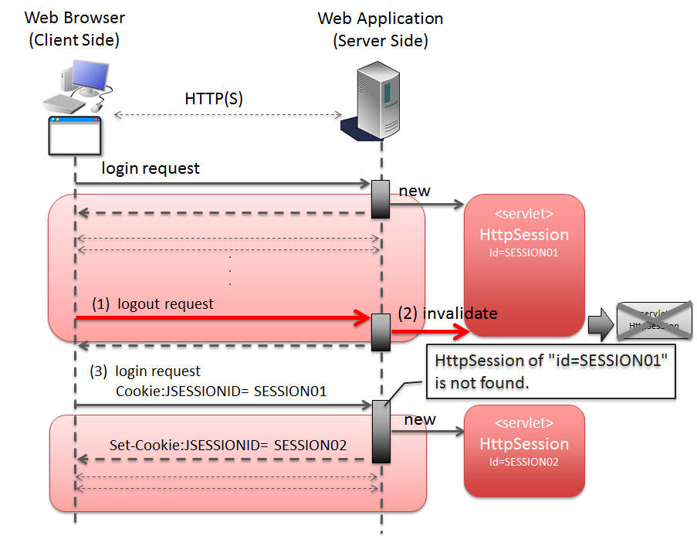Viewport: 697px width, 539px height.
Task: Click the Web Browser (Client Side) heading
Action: [74, 29]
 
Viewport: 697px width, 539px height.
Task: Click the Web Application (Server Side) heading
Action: [381, 29]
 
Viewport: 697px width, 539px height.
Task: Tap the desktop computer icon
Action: [76, 89]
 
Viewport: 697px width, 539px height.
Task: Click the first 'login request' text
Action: [151, 168]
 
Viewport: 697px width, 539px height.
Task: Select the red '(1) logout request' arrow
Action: [224, 317]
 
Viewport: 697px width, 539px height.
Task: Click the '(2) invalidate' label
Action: [448, 314]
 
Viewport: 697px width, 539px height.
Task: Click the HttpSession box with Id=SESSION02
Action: [523, 450]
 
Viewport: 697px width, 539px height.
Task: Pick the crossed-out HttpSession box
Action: [654, 320]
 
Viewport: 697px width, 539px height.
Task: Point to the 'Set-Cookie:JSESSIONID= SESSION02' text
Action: [228, 446]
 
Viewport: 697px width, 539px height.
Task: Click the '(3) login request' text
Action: [146, 371]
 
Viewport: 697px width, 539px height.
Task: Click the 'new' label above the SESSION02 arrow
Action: [420, 419]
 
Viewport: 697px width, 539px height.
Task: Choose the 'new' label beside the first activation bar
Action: [414, 191]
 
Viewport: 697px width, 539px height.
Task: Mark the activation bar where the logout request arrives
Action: [381, 331]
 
